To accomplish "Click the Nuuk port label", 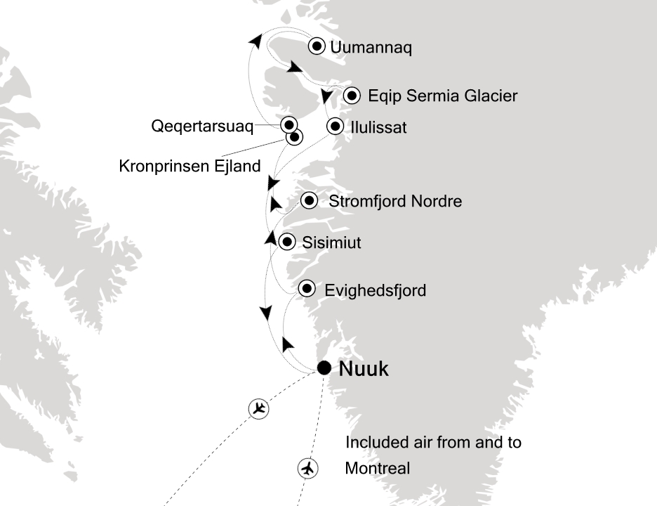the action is point(363,369).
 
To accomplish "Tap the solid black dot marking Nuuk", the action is point(324,368).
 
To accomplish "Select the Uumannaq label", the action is point(371,48).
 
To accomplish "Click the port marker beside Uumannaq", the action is point(317,46).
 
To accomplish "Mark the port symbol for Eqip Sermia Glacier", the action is point(352,94).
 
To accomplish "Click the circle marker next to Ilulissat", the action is point(336,126).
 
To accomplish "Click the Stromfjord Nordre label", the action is point(395,202).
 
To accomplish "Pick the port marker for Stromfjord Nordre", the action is point(309,201).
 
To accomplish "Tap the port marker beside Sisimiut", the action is point(286,242).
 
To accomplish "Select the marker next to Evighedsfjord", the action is point(306,288).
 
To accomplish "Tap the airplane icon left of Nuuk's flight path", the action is point(259,408).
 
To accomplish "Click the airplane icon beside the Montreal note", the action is point(307,467).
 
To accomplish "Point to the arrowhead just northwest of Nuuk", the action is point(288,344).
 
